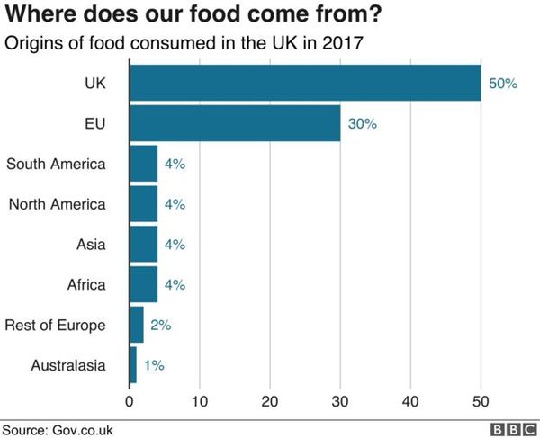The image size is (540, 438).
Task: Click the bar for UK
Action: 305,83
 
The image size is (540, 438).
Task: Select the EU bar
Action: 235,123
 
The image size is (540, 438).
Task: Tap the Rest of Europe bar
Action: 136,325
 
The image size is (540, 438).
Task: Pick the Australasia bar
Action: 133,365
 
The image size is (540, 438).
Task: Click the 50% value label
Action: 502,83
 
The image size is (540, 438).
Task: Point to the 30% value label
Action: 362,123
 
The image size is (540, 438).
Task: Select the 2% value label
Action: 160,325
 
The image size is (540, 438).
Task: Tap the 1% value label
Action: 153,365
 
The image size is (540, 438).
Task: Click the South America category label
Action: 56,164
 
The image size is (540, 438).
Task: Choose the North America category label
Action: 57,204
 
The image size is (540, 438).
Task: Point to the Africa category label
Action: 86,284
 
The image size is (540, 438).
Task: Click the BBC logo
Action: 511,429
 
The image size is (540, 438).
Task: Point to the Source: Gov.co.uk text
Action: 58,429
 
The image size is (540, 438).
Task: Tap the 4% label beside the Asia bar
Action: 175,244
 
